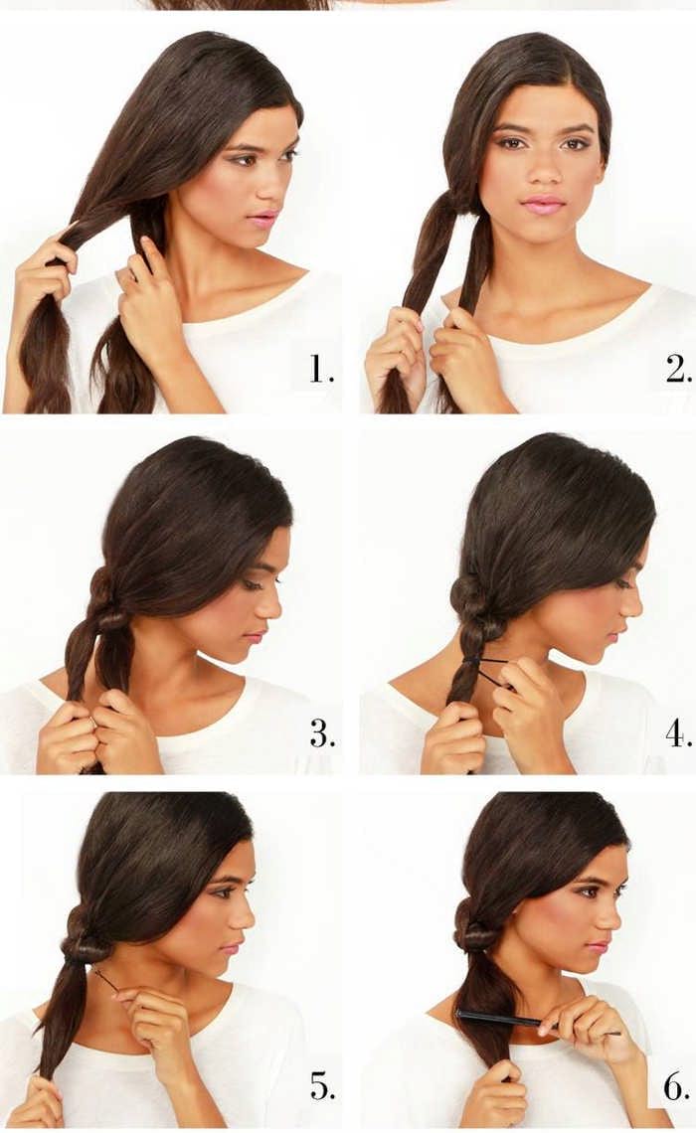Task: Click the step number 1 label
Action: tap(321, 370)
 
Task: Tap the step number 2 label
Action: tap(679, 370)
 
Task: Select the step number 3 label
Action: tap(322, 734)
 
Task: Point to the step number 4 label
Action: tap(679, 734)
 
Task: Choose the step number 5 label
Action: tap(322, 1084)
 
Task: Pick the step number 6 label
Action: tap(677, 1084)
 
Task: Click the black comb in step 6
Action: tap(536, 1021)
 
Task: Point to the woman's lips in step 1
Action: tap(263, 219)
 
